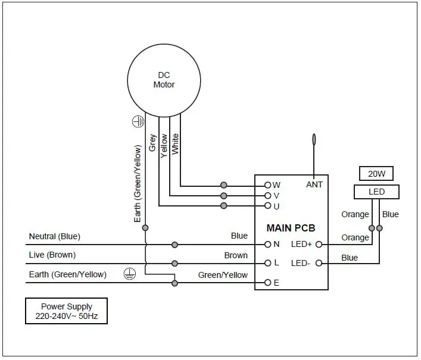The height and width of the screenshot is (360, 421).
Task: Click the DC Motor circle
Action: [164, 80]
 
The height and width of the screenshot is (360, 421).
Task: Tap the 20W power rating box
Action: [376, 174]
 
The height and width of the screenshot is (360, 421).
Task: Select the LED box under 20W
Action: [376, 192]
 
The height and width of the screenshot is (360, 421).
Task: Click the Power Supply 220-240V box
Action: [66, 311]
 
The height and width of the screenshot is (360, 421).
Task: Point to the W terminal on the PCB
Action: [268, 185]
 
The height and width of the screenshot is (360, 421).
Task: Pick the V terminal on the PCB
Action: [268, 195]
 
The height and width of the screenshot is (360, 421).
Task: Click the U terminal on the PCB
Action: [268, 206]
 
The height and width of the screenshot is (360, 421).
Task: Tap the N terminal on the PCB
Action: [268, 245]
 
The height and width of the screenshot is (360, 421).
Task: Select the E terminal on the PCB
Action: [268, 283]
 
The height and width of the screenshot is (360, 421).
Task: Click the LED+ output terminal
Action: [319, 245]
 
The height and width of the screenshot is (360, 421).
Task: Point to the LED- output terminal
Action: [319, 263]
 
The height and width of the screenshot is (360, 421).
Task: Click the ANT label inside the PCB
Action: [314, 184]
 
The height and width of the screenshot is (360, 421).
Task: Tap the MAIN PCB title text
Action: [291, 228]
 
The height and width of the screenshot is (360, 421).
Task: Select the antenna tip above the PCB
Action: [314, 140]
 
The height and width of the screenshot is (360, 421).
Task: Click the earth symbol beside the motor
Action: [138, 121]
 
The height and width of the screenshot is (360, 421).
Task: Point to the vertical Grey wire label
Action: [153, 143]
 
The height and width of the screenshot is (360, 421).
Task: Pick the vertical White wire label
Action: [175, 144]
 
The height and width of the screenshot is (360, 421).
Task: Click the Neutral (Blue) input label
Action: [55, 237]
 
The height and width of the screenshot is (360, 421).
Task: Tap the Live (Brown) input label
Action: [52, 255]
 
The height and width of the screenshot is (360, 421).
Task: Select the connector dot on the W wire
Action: [224, 185]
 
